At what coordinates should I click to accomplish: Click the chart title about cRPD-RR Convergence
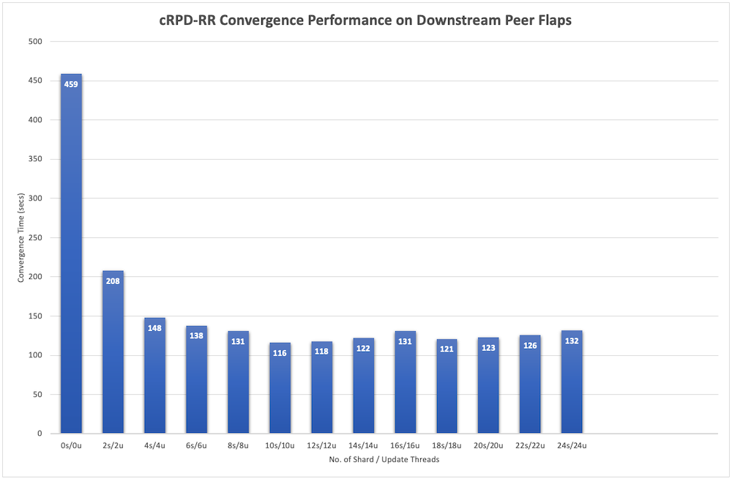click(x=365, y=20)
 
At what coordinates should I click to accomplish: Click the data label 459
click(x=71, y=84)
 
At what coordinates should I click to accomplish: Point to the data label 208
click(x=113, y=281)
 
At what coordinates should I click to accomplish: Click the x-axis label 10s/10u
click(x=280, y=445)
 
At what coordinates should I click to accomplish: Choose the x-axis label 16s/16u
click(x=405, y=445)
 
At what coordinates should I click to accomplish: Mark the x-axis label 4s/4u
click(x=154, y=445)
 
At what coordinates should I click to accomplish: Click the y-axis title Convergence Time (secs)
click(x=21, y=237)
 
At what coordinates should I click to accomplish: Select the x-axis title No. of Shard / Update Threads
click(x=384, y=459)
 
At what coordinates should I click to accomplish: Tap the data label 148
click(x=154, y=327)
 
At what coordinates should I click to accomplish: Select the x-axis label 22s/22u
click(x=530, y=445)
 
